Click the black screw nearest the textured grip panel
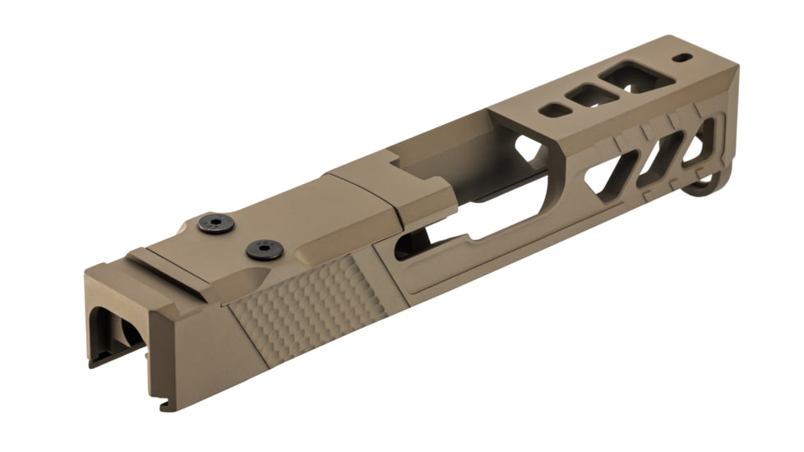[x=265, y=250]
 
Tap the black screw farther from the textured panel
[x=216, y=223]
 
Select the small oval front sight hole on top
[x=682, y=58]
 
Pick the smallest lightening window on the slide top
[x=556, y=109]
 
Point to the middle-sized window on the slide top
[x=592, y=96]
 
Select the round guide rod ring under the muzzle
[x=709, y=182]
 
